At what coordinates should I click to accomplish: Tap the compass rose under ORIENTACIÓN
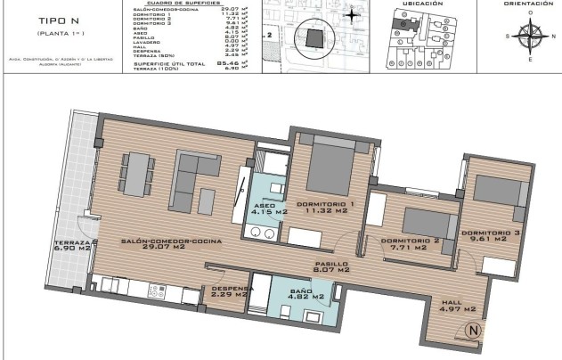tap(531, 36)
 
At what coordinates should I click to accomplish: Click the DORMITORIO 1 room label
tap(326, 205)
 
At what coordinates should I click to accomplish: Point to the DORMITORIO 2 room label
tap(411, 241)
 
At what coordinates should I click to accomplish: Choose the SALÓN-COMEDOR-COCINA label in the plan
tap(172, 241)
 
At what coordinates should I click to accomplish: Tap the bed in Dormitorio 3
tap(494, 189)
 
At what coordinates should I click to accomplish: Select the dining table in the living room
tap(136, 175)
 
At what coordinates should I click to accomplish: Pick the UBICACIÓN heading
tap(423, 4)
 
